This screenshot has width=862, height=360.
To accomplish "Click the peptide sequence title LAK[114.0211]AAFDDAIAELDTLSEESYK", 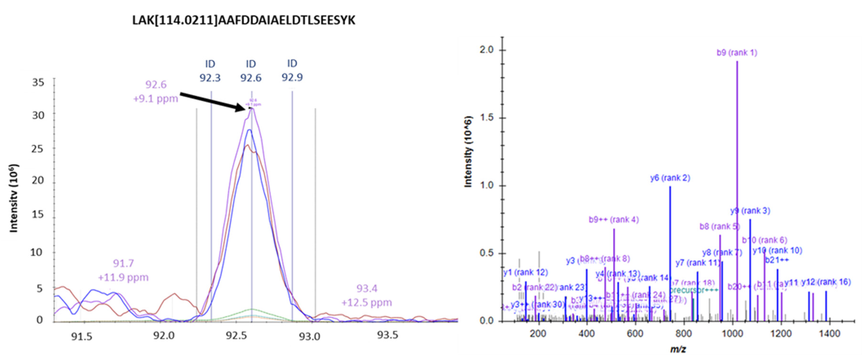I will point(244,21).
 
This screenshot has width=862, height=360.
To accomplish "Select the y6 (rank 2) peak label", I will point(670,178).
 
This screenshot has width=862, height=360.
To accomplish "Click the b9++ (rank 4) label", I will point(614,220).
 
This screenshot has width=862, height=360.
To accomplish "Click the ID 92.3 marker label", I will point(210,71).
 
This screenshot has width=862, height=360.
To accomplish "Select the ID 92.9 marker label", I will point(292,71).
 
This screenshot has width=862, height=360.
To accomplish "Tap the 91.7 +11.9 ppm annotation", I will point(123,270).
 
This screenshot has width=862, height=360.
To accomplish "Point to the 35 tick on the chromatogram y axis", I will point(38,82).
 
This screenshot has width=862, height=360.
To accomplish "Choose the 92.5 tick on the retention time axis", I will point(236,336).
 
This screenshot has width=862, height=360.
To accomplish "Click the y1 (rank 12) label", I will point(525,272).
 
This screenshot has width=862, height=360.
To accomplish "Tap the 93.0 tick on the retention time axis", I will point(310,336).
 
